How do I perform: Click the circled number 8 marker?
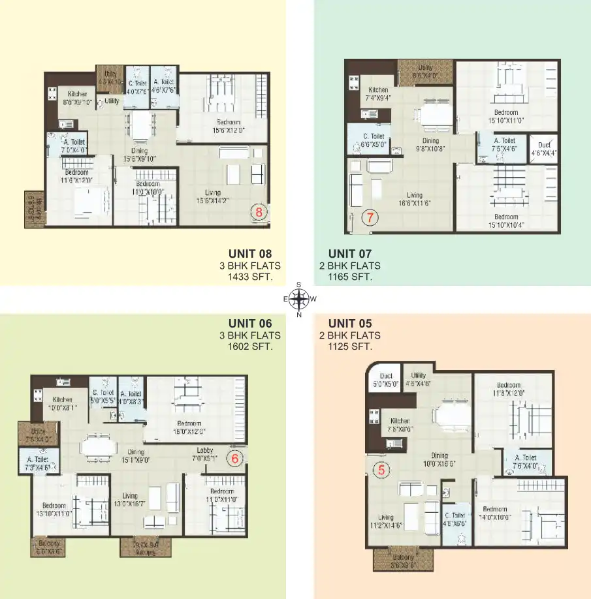pyautogui.click(x=259, y=212)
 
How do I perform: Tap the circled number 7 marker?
pyautogui.click(x=370, y=218)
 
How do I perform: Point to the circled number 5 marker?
pyautogui.click(x=383, y=468)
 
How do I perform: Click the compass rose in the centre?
pyautogui.click(x=298, y=299)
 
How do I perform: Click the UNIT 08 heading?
pyautogui.click(x=249, y=254)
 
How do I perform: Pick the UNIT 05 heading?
pyautogui.click(x=350, y=323)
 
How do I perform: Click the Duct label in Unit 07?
pyautogui.click(x=544, y=145)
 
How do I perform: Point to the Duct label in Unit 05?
pyautogui.click(x=386, y=376)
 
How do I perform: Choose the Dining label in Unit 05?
pyautogui.click(x=439, y=455)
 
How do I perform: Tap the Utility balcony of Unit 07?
pyautogui.click(x=425, y=71)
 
